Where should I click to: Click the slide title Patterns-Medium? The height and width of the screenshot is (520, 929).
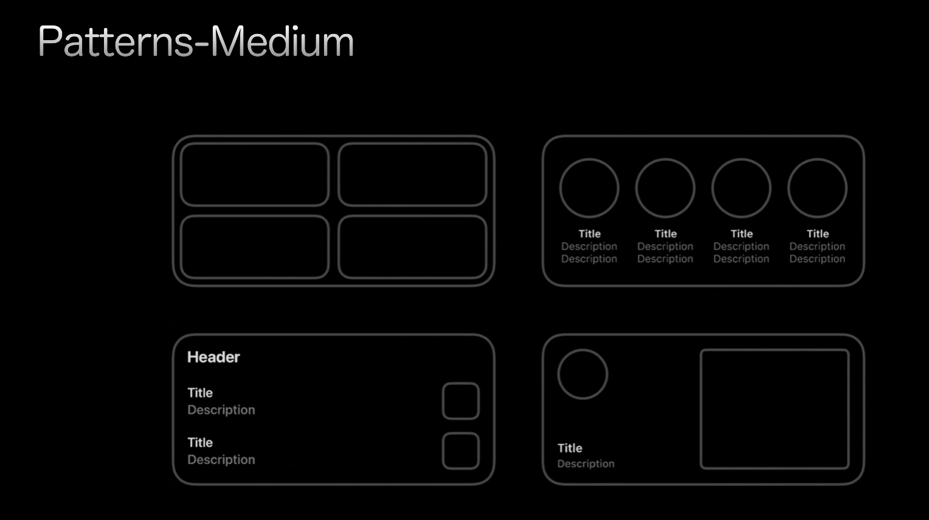pos(196,41)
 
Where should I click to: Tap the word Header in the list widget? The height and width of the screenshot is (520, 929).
pos(213,357)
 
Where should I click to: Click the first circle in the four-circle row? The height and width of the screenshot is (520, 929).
pos(560,188)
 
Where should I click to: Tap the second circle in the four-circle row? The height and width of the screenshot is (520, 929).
pos(636,188)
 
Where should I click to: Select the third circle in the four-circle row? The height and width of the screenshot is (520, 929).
pos(713,188)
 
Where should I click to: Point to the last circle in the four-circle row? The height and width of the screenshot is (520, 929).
pos(789,188)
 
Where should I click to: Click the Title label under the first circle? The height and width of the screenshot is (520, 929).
pos(589,234)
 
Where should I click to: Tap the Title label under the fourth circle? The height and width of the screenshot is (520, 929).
pos(818,234)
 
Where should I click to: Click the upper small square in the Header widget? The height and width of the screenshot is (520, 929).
pos(443,401)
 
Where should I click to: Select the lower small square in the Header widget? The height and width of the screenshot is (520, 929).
pos(443,451)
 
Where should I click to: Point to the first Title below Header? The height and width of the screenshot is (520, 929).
pos(200,393)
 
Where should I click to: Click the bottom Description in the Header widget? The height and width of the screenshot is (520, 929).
pos(221,459)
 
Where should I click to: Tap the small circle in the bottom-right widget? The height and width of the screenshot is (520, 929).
pos(558,374)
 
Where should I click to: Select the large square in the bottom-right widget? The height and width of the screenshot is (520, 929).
pos(701,409)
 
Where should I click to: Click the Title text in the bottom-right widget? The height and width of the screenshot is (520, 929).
pos(570,448)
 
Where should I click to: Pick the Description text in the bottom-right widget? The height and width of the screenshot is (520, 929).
pos(585,464)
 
